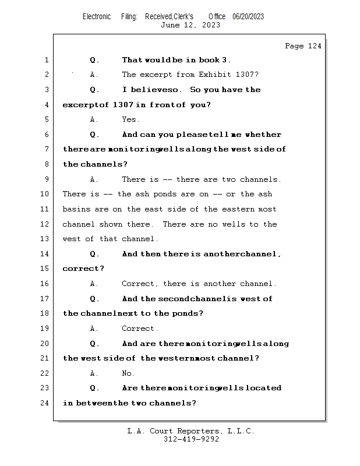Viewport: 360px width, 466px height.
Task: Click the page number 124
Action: pos(315,46)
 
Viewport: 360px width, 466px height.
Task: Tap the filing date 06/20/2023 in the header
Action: pos(248,17)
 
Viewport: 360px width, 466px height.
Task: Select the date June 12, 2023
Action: pos(190,25)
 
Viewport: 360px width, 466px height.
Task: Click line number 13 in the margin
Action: pos(46,239)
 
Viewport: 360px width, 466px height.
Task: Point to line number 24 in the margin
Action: pos(46,403)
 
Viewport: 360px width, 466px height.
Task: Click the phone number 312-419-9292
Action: pos(191,440)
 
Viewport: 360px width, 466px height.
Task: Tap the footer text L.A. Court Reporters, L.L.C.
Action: pos(191,431)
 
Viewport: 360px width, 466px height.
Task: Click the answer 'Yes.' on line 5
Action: pos(130,119)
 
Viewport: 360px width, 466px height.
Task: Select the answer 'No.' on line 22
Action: pos(128,373)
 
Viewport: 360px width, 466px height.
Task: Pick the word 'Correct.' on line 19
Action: pos(140,329)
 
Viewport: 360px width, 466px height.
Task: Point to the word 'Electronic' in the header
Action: pos(97,17)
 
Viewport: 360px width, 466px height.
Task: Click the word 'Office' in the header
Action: pos(217,17)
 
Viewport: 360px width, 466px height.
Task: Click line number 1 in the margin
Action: pos(46,60)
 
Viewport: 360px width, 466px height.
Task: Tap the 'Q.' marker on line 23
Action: pos(95,388)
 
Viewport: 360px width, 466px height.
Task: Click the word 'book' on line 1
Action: pos(195,60)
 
